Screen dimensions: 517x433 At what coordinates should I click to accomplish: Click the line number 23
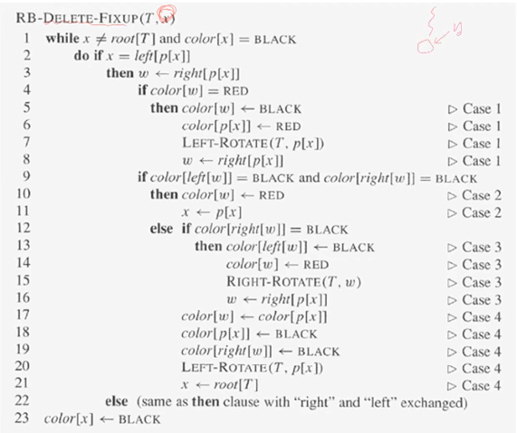(22, 418)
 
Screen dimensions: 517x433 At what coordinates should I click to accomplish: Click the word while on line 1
(62, 39)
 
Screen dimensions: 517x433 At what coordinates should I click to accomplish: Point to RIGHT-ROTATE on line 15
(273, 282)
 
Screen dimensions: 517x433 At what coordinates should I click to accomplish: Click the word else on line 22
(117, 401)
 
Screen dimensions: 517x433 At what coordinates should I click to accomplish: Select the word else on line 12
(161, 229)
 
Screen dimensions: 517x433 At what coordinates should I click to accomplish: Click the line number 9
(26, 177)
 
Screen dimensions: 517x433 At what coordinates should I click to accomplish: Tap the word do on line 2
(81, 56)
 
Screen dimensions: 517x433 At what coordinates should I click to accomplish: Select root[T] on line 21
(235, 384)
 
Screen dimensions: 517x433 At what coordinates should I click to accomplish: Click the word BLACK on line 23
(139, 419)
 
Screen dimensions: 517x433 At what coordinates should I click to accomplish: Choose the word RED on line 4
(235, 91)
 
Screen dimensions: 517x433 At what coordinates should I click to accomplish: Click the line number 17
(23, 315)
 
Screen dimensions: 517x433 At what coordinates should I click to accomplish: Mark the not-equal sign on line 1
(101, 40)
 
